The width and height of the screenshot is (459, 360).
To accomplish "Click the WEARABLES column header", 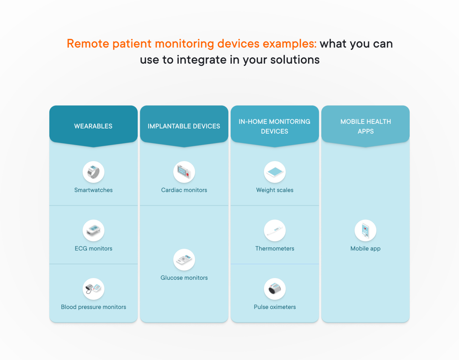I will (93, 126).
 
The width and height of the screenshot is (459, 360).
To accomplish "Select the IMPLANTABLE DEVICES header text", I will (184, 126).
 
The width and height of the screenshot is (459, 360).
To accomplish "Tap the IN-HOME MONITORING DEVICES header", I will (274, 126).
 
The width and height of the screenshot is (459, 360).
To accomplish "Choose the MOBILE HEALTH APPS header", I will (365, 126).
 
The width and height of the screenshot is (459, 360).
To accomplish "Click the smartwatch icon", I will (94, 172).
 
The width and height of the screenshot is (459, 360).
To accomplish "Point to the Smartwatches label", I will (94, 190).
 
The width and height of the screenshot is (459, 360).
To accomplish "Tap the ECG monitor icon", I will (94, 230).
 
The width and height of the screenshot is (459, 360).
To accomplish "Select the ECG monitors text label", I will (94, 249).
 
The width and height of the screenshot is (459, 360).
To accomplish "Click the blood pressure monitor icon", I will (94, 289).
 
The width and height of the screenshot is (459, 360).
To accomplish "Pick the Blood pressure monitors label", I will (94, 307).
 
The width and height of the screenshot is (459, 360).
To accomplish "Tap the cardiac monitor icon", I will (184, 172).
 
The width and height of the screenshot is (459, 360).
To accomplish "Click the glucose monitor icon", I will (184, 260).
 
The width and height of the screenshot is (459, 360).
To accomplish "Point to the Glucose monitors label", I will (184, 278).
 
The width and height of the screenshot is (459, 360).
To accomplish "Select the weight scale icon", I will (275, 172).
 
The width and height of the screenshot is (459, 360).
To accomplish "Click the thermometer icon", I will (275, 230).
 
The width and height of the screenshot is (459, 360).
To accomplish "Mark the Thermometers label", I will (275, 249).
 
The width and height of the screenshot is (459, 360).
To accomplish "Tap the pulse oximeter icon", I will (275, 289).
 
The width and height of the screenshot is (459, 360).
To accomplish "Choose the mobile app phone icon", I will (365, 230).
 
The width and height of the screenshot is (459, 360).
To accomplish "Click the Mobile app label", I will (365, 249).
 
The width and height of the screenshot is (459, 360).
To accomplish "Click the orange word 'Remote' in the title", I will (88, 44).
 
